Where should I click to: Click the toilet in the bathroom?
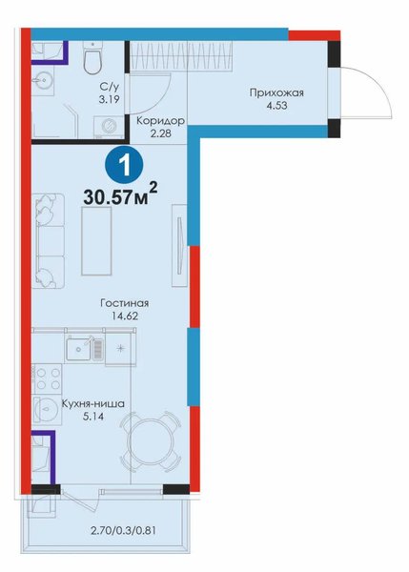(92, 57)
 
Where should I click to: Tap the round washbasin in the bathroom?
(43, 80)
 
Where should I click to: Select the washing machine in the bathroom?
(109, 127)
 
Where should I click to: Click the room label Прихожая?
(276, 92)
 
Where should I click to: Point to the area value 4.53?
(276, 106)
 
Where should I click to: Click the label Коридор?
(160, 121)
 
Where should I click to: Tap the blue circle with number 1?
(124, 166)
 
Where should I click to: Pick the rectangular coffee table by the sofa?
(96, 241)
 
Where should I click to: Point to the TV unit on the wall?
(179, 245)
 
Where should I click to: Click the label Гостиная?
(124, 303)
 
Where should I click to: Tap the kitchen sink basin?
(79, 349)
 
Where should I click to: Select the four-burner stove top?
(47, 378)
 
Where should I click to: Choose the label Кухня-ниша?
(93, 404)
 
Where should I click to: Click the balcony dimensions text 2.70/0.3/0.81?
(123, 530)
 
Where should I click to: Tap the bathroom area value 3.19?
(109, 99)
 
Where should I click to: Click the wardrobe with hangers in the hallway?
(181, 55)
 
